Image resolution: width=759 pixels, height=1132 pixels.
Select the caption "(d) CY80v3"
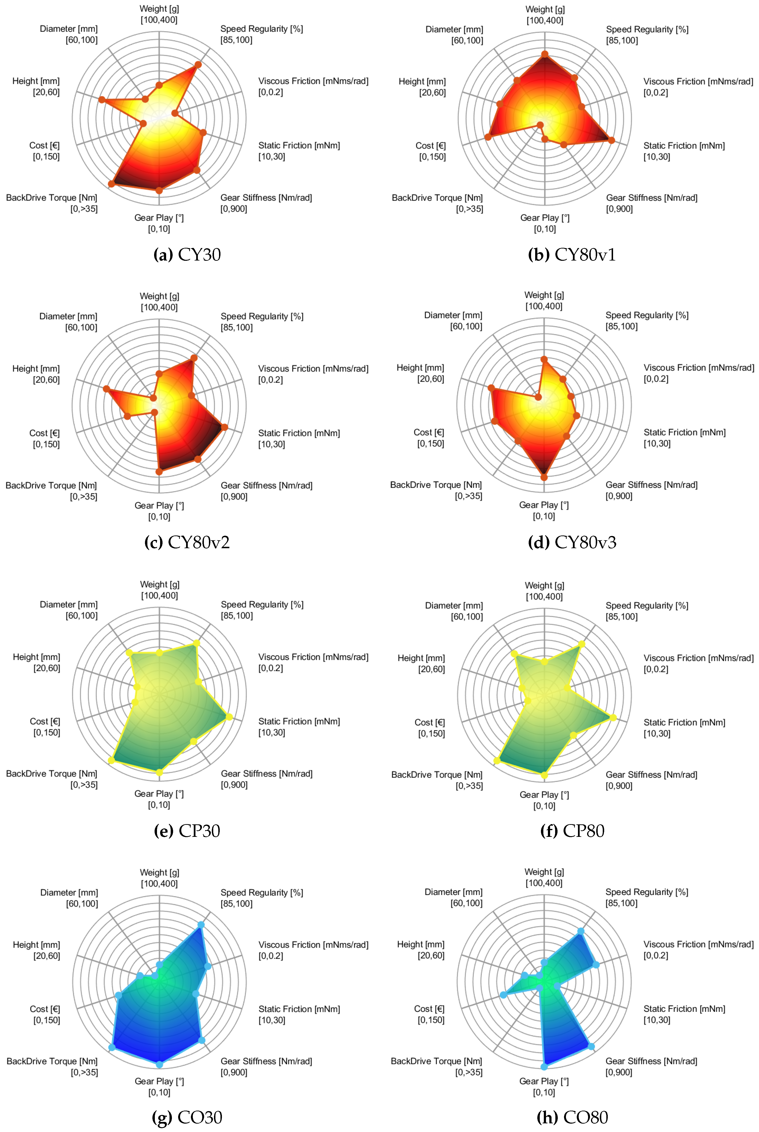point(572,542)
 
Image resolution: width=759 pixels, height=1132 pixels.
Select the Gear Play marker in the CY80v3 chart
point(544,478)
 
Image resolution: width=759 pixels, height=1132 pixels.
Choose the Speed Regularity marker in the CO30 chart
point(201,924)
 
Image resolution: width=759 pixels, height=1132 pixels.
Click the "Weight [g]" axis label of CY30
point(159,9)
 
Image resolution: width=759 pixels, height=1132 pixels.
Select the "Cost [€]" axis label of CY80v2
point(44,433)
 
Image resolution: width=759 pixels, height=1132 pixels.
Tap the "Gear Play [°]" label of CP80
point(544,795)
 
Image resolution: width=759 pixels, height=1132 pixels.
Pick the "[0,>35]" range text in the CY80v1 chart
point(470,209)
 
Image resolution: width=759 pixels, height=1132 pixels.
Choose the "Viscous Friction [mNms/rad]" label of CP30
point(313,657)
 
